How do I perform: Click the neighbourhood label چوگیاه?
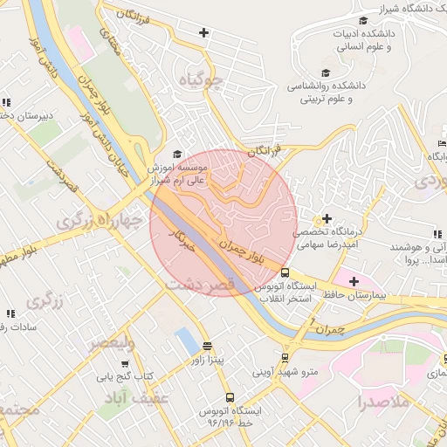point(201,82)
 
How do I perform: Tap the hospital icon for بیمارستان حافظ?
point(354,281)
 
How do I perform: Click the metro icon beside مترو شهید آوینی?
point(285,357)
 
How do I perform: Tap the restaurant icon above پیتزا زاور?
point(207,346)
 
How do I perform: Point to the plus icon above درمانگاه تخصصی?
point(327,218)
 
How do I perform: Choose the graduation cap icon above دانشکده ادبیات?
point(362,21)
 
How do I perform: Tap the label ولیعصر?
point(112,343)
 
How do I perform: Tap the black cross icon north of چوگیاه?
point(203,33)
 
